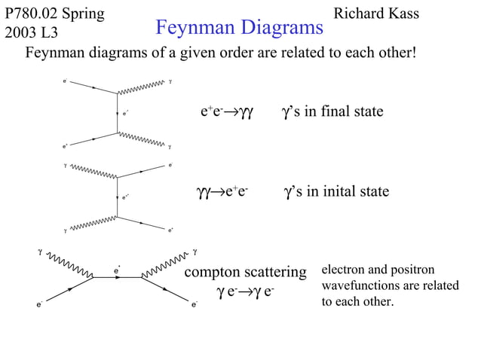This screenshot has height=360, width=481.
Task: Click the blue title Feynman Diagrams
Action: [239, 29]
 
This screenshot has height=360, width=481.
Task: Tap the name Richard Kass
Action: [375, 14]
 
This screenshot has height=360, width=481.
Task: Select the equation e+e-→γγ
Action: [225, 112]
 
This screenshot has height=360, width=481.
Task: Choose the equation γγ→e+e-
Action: [222, 192]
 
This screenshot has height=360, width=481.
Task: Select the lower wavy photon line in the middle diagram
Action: [94, 225]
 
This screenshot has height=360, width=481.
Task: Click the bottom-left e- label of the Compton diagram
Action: [38, 305]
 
